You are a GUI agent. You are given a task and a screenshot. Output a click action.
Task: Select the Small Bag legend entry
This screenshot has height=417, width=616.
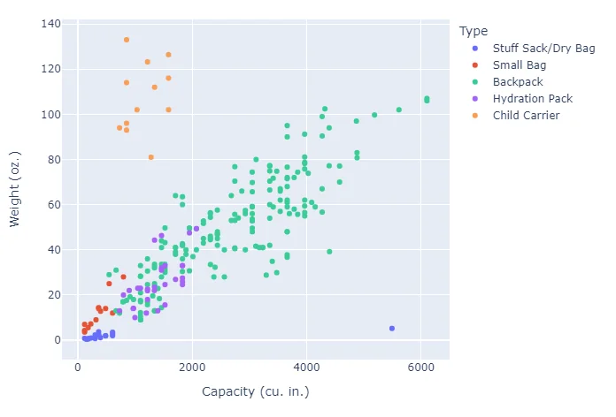click(520, 64)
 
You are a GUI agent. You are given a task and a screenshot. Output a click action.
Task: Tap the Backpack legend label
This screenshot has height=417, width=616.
click(519, 81)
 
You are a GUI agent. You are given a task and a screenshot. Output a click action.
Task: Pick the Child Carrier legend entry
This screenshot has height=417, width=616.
click(526, 115)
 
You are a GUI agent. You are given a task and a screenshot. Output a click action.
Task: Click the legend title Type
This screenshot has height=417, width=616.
click(474, 31)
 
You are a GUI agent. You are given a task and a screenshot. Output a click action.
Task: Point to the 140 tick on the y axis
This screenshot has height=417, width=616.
click(50, 24)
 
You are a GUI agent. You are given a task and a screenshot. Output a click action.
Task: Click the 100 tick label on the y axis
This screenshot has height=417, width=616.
click(50, 115)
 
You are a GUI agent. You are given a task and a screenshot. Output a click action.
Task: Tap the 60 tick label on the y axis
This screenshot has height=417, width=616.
click(52, 205)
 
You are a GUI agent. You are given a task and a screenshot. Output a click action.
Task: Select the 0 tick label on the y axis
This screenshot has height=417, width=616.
click(56, 340)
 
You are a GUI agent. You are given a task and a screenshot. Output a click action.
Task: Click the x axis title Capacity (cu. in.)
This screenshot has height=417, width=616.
click(255, 391)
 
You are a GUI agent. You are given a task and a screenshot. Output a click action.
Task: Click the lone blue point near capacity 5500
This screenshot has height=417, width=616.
click(392, 329)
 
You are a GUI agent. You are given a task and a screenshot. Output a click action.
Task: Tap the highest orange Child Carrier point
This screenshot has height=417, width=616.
click(127, 40)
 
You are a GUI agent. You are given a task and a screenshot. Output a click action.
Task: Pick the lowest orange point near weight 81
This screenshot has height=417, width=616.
click(151, 157)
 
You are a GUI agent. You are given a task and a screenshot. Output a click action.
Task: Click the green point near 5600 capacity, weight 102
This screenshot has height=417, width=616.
click(399, 110)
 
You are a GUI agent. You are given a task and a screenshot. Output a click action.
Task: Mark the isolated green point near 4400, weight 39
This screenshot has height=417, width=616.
click(329, 252)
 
